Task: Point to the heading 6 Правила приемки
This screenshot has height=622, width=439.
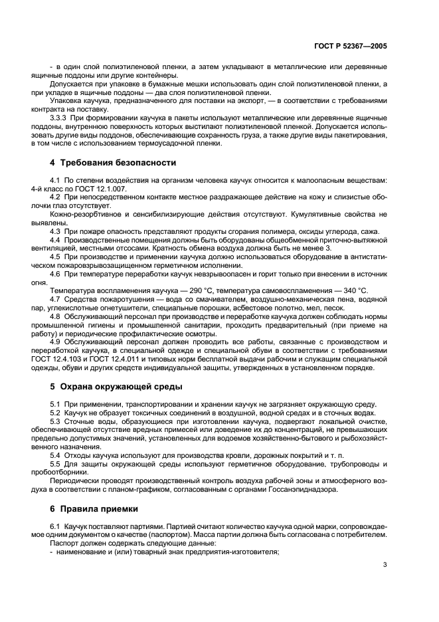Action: pyautogui.click(x=94, y=508)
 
